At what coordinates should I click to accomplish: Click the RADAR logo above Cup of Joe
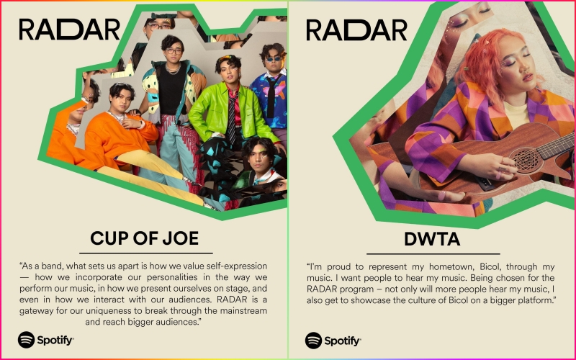(x=69, y=30)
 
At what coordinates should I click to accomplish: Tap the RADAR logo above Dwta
(x=356, y=30)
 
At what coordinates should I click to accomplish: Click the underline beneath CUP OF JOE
(x=145, y=253)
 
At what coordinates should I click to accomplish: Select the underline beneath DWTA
(x=432, y=253)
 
